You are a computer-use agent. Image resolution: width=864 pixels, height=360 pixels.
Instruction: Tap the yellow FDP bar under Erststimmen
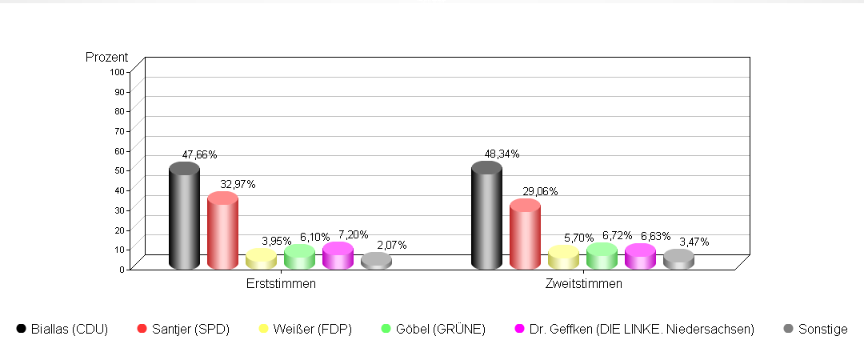261,259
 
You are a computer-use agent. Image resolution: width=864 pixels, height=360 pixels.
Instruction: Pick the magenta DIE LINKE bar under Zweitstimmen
640,257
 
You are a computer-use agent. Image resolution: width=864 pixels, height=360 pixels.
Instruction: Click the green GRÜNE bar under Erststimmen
299,257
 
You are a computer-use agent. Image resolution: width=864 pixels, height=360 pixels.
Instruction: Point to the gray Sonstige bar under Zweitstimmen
678,259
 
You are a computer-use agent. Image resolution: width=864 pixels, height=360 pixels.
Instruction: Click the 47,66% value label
199,154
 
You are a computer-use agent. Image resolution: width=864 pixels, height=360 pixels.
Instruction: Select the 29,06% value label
540,191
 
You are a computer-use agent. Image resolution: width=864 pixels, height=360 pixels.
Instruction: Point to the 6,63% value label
655,236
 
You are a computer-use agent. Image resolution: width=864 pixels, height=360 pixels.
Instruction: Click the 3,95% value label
276,241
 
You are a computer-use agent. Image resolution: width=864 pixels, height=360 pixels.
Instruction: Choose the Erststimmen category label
281,284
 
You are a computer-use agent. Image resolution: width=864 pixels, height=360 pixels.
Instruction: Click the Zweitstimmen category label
583,284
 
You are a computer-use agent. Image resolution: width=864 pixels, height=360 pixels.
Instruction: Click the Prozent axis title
106,58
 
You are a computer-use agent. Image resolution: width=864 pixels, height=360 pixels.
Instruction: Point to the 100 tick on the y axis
117,71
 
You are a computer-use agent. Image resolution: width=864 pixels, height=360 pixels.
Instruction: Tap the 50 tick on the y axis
119,170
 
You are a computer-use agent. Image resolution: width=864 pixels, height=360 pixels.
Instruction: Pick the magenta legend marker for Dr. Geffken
518,329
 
